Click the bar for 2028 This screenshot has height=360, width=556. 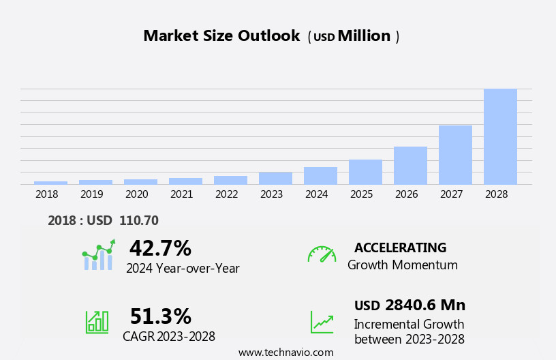click(x=500, y=136)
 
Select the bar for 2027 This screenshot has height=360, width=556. click(x=455, y=155)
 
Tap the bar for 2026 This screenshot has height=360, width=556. click(x=410, y=166)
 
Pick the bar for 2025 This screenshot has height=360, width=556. click(x=365, y=172)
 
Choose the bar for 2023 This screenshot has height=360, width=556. click(x=275, y=178)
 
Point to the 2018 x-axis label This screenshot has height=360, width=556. click(x=46, y=194)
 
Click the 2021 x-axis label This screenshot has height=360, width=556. click(x=181, y=194)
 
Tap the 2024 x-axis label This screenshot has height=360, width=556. click(x=316, y=194)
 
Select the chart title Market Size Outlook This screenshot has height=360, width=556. click(x=221, y=36)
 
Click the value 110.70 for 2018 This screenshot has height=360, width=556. click(x=138, y=220)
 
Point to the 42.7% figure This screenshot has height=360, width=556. click(x=160, y=247)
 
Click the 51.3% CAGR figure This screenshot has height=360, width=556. click(x=160, y=316)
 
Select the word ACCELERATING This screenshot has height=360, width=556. click(x=400, y=247)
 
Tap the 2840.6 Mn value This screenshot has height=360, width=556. click(x=425, y=305)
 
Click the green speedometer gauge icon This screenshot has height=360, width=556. click(x=322, y=254)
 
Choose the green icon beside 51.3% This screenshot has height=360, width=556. click(x=97, y=321)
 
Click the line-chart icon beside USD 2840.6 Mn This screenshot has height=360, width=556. click(x=322, y=322)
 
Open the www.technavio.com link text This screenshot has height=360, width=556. click(x=285, y=352)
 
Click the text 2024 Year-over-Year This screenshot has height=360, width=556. click(x=183, y=268)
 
